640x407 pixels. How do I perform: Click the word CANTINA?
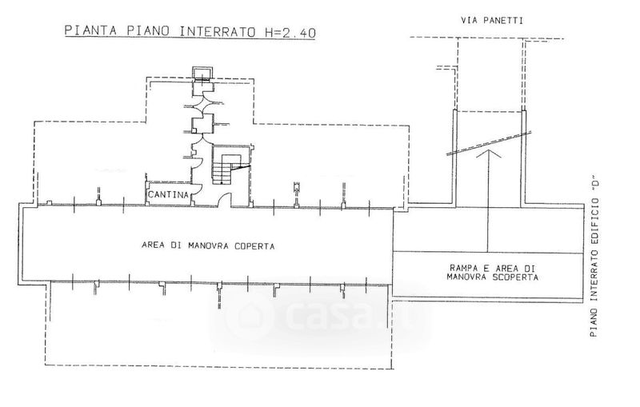[x=168, y=195]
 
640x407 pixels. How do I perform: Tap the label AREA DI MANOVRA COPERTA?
[x=208, y=246]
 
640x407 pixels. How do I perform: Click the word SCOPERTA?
[x=515, y=277]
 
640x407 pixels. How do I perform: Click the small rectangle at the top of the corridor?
[x=200, y=74]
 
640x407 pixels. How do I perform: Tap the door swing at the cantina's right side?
[x=196, y=193]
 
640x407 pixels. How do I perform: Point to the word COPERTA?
[x=254, y=246]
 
